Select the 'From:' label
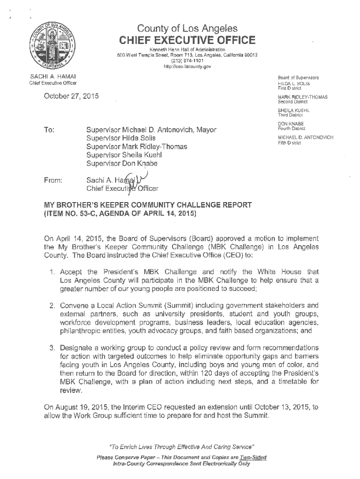tap(52, 180)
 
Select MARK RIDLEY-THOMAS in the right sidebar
tap(302, 97)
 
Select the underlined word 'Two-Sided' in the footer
tap(253, 457)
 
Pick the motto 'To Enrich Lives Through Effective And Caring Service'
tap(180, 446)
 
